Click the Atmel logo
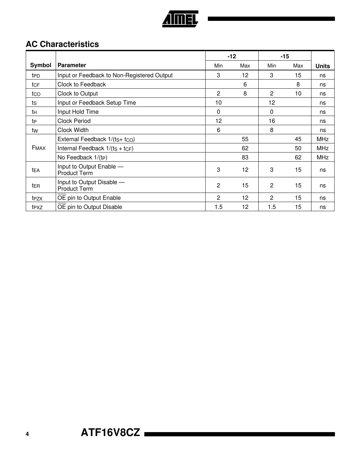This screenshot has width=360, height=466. (180, 19)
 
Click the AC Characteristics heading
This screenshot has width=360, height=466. (62, 44)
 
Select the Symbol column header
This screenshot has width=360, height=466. (41, 65)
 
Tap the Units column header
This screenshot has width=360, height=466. (323, 66)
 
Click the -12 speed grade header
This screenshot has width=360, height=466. (232, 56)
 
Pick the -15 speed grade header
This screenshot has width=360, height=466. (285, 56)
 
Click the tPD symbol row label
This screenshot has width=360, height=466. (36, 76)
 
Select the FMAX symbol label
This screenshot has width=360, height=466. (39, 148)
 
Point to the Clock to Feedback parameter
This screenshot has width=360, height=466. (82, 84)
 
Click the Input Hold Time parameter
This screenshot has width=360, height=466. (78, 112)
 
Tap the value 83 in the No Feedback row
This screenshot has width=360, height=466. (245, 157)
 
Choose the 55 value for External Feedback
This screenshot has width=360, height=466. (245, 139)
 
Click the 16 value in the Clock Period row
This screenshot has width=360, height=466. (272, 121)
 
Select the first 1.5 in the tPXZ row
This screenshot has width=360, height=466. (219, 207)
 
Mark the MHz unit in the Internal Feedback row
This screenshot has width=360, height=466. (323, 148)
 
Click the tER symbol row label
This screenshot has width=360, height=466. (36, 186)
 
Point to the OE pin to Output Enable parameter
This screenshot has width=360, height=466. (89, 198)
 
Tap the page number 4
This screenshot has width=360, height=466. (27, 434)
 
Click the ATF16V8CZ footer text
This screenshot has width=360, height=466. (110, 433)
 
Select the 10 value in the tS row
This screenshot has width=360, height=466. (218, 103)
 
